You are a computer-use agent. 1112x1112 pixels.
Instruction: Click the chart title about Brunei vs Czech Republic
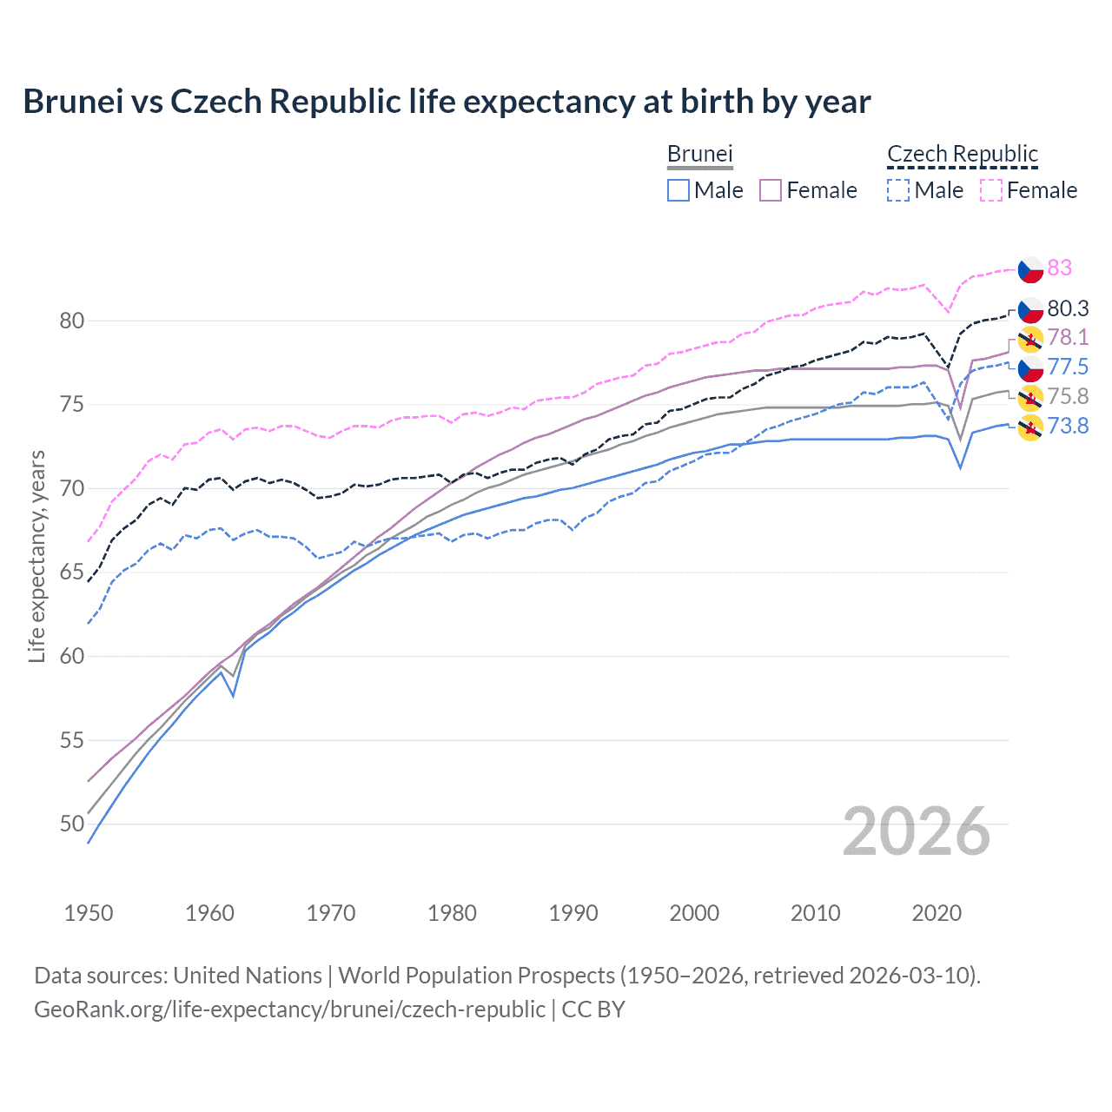pos(447,102)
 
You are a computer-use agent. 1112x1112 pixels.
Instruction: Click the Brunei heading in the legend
pos(699,154)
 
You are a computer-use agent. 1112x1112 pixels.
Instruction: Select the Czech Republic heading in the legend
pos(962,154)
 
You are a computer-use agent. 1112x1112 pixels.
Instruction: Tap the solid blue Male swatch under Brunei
pos(678,190)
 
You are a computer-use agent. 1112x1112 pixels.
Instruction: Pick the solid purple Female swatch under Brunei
pos(771,190)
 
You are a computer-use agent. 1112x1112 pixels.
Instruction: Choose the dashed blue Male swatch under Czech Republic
pos(898,190)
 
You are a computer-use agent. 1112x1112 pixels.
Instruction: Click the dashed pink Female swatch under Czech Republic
pos(991,190)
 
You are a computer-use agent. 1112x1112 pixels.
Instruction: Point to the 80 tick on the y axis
pos(72,321)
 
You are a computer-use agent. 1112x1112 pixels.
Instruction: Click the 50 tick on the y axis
pos(72,824)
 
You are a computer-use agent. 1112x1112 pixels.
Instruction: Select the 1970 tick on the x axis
pos(331,913)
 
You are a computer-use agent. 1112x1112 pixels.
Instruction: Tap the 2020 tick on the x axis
pos(937,913)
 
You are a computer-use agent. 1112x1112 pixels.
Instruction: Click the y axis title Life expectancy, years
pos(36,556)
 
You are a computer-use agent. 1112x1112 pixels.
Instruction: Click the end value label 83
pos(1059,268)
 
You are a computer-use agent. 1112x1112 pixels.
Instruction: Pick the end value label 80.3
pos(1068,308)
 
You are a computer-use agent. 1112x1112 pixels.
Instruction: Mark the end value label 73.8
pos(1068,426)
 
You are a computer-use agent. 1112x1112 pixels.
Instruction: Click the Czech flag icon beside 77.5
pos(1030,368)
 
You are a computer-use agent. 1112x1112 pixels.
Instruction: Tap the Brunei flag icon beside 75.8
pos(1030,398)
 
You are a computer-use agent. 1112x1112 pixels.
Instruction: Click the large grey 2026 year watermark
pos(916,831)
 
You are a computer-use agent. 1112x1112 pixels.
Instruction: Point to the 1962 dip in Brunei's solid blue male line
pos(233,695)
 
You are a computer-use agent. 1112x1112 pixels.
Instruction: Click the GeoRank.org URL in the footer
pos(289,1009)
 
